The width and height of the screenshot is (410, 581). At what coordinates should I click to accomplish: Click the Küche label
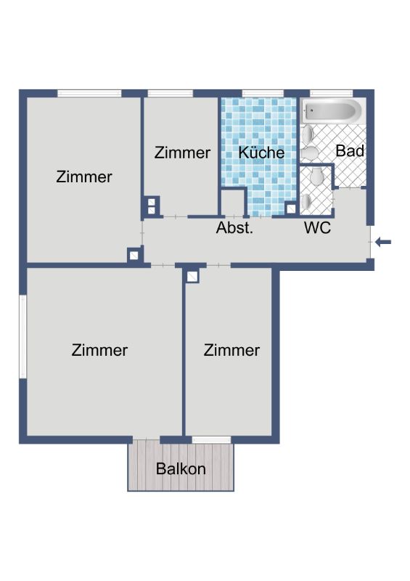pyautogui.click(x=261, y=153)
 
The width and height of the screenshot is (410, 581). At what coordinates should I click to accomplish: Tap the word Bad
pyautogui.click(x=350, y=151)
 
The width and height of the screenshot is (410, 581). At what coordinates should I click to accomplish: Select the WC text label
pyautogui.click(x=317, y=227)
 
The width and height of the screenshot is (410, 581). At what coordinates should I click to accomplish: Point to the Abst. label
pyautogui.click(x=234, y=227)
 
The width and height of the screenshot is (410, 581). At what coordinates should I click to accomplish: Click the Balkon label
pyautogui.click(x=181, y=468)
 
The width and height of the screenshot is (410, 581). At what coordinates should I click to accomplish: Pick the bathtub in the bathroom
pyautogui.click(x=332, y=111)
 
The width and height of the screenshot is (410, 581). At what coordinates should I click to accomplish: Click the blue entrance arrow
pyautogui.click(x=383, y=243)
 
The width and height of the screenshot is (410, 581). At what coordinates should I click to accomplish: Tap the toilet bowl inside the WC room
pyautogui.click(x=317, y=176)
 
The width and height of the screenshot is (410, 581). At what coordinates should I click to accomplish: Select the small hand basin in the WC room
pyautogui.click(x=306, y=202)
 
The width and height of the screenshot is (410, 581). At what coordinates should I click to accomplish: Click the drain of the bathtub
pyautogui.click(x=311, y=110)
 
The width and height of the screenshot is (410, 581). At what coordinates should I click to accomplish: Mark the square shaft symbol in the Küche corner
pyautogui.click(x=291, y=208)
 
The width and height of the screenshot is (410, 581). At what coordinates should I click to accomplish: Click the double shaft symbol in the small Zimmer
pyautogui.click(x=151, y=206)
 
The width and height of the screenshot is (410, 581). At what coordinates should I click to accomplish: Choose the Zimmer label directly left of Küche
pyautogui.click(x=182, y=153)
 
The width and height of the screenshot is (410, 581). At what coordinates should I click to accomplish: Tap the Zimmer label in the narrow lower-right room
pyautogui.click(x=231, y=350)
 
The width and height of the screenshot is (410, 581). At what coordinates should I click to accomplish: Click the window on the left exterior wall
pyautogui.click(x=23, y=336)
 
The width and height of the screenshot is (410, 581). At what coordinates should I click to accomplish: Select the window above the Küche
pyautogui.click(x=263, y=94)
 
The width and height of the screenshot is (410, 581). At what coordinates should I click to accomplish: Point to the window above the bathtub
pyautogui.click(x=331, y=94)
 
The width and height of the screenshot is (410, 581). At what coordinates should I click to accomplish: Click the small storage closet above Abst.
pyautogui.click(x=234, y=203)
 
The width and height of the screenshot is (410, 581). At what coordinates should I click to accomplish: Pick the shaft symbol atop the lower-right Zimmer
pyautogui.click(x=192, y=277)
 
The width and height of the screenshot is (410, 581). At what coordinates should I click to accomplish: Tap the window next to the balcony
pyautogui.click(x=211, y=440)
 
